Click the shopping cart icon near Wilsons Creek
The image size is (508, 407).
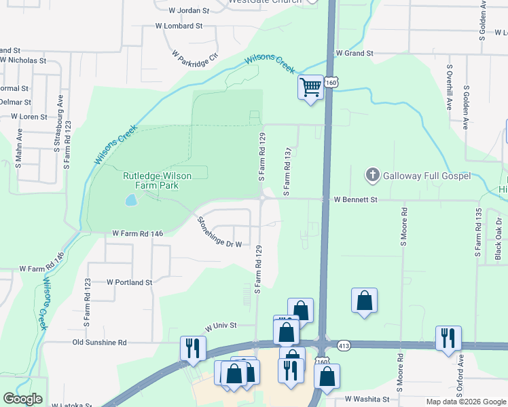tap(310, 87)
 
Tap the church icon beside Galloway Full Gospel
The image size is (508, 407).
tap(371, 176)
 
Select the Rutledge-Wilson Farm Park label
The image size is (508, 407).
tap(157, 180)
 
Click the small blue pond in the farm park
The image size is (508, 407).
tap(130, 201)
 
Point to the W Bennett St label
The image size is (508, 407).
tap(355, 200)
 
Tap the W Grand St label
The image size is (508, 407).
tap(355, 53)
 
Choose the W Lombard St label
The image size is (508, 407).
tap(179, 26)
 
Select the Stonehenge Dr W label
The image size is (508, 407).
tap(219, 232)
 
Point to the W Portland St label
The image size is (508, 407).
tap(130, 282)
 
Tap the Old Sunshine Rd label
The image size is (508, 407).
tap(99, 343)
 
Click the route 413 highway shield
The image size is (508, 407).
tap(344, 345)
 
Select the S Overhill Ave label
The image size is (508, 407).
tap(449, 88)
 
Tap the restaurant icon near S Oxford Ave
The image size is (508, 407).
tap(448, 338)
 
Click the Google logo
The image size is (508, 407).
tap(22, 399)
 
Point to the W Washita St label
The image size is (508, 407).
tap(367, 400)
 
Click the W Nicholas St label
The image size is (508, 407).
tap(23, 60)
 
